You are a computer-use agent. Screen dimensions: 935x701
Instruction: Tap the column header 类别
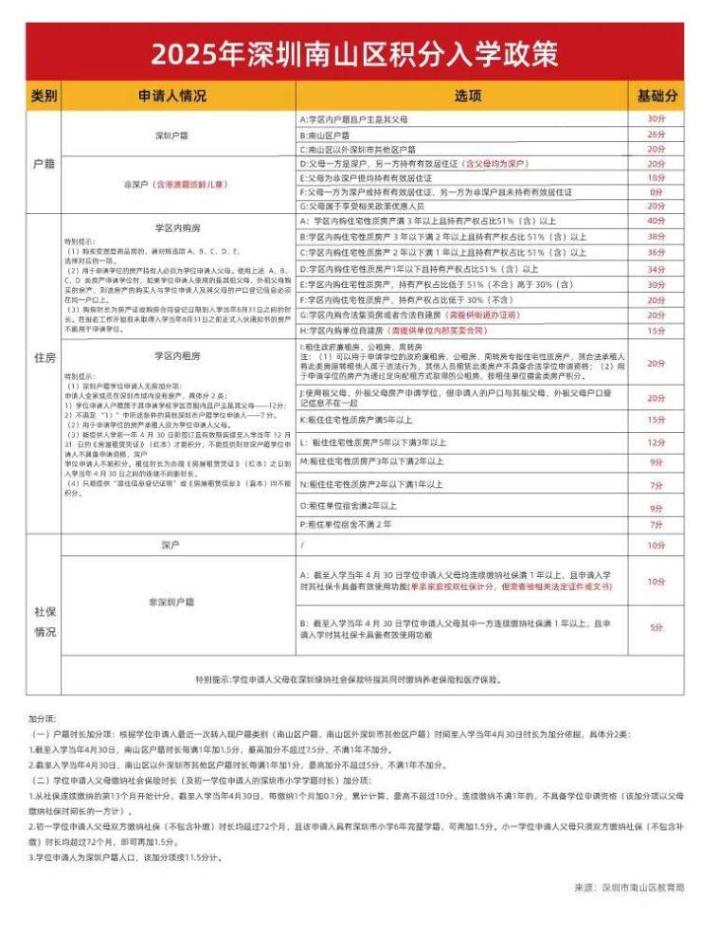(45, 97)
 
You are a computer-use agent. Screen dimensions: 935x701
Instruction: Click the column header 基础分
(656, 97)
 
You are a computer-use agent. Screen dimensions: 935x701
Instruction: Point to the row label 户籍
(45, 162)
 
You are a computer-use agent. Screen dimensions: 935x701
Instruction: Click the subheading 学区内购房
(177, 228)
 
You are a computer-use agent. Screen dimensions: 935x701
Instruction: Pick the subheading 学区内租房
(177, 355)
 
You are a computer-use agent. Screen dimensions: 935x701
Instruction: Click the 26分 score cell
(656, 135)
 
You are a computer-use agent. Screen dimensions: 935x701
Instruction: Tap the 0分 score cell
(656, 191)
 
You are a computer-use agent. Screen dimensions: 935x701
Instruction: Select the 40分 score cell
(656, 220)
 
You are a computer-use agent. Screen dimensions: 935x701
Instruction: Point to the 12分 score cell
(656, 442)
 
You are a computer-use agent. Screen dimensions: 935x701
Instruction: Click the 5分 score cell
(656, 627)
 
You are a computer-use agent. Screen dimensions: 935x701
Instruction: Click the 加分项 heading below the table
(43, 720)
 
